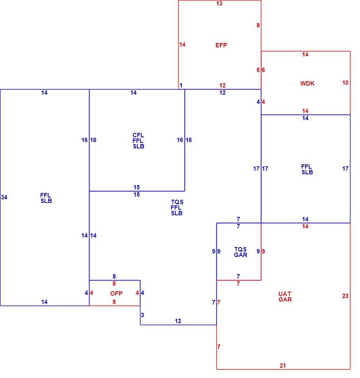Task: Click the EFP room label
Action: click(221, 45)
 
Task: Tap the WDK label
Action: click(307, 84)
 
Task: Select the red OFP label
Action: click(116, 293)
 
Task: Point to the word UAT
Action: click(285, 294)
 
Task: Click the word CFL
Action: click(138, 135)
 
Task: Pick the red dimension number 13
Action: click(219, 3)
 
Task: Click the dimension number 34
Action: click(4, 197)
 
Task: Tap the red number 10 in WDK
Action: click(345, 83)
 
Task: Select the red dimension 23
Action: click(345, 296)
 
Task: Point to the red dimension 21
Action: click(283, 365)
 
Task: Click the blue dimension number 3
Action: click(142, 315)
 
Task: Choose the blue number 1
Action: click(181, 85)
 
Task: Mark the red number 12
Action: click(222, 85)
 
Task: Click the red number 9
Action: click(263, 251)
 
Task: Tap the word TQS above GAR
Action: click(240, 249)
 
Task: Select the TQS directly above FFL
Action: click(177, 202)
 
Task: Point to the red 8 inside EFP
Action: click(258, 25)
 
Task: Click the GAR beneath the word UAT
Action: click(285, 299)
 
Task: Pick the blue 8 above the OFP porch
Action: click(114, 276)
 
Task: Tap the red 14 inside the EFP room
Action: click(182, 44)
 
